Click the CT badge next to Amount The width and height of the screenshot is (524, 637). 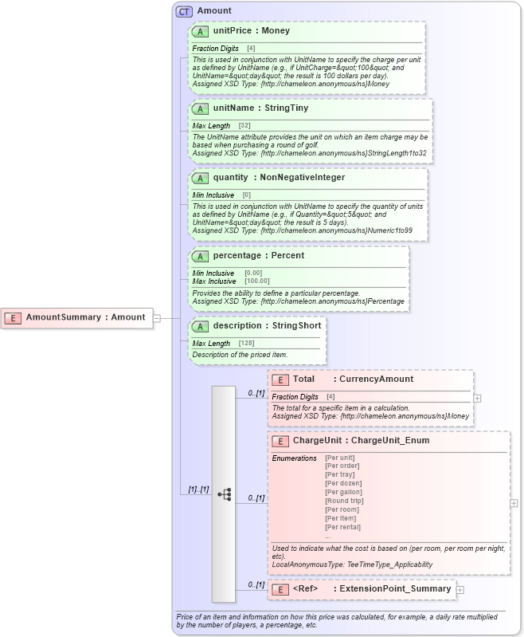184,11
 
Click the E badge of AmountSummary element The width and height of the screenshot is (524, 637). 13,317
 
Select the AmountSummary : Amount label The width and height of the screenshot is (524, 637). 85,317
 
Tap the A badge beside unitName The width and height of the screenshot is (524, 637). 201,108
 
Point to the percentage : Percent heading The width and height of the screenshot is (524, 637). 258,256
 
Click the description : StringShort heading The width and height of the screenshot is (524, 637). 261,325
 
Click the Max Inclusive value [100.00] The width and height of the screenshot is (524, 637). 256,281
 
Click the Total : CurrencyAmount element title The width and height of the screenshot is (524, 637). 353,379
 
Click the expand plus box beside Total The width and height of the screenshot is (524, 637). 477,397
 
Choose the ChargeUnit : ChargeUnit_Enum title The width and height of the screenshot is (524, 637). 361,441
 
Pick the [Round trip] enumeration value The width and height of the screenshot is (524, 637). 343,501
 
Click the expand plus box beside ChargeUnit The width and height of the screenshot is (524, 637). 514,503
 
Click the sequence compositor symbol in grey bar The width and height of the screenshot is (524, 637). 224,494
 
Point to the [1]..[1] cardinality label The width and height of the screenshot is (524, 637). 198,490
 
